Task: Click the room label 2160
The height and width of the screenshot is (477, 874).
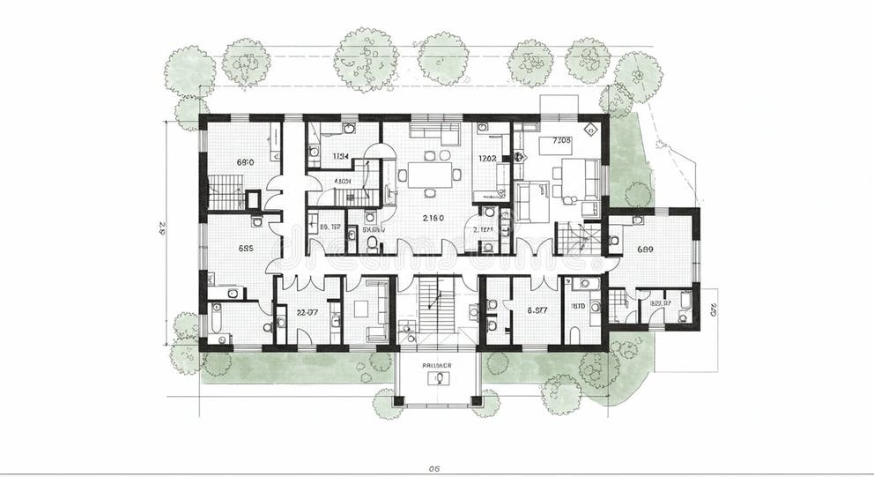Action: point(433,218)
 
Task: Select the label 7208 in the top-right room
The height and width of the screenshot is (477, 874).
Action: point(562,140)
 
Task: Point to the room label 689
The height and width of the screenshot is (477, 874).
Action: point(645,250)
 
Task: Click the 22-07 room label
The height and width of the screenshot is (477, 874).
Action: point(307,310)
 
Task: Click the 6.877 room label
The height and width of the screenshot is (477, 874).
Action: point(537,310)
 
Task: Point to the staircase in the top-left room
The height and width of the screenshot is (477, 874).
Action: point(226,191)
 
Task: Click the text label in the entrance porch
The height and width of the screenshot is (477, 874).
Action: point(437,362)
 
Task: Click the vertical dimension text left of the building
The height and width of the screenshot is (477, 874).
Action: point(162,232)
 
